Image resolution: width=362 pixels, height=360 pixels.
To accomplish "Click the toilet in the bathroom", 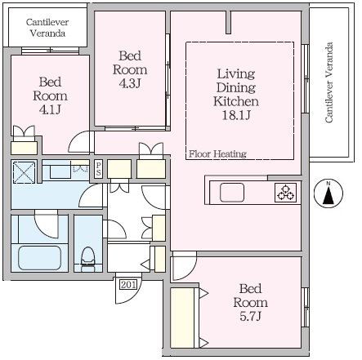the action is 88,259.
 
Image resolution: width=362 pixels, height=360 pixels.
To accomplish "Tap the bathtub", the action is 40,257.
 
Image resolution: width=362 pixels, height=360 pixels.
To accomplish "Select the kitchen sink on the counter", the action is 232,193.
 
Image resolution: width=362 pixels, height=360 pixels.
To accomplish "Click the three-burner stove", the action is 285,193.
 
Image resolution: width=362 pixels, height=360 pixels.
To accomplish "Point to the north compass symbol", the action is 328,193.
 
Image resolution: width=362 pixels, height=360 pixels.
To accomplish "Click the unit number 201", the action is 128,285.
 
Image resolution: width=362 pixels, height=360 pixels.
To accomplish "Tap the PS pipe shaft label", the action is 98,169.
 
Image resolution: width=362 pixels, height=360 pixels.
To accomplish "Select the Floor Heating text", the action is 217,154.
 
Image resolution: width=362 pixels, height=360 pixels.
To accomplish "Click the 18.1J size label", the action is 236,115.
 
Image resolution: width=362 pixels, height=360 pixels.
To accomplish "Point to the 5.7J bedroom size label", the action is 251,316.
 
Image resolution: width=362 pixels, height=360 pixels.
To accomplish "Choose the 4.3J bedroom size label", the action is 130,83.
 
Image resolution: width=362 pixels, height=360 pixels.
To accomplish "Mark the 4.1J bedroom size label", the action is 50,109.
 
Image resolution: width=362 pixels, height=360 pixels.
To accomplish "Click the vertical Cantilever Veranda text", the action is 329,82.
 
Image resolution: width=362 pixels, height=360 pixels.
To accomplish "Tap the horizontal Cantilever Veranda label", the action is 47,28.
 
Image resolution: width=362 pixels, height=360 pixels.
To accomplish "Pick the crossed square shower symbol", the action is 25,172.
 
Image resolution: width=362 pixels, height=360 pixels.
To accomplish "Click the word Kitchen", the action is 236,101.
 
